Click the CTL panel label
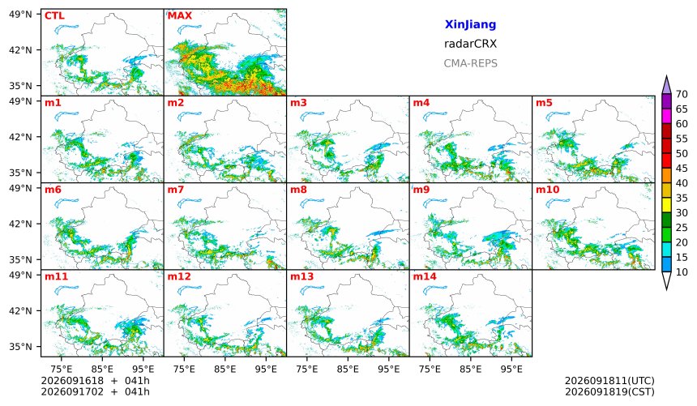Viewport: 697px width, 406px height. tap(54, 16)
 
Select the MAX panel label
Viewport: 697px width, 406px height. tap(180, 16)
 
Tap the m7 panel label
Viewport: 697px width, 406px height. tap(176, 190)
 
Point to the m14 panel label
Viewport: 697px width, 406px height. tap(425, 276)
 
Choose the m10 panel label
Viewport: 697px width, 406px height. tap(547, 190)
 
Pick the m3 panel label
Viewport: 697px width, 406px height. tap(298, 103)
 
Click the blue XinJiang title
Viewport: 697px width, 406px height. tap(470, 24)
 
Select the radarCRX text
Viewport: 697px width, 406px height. tap(470, 44)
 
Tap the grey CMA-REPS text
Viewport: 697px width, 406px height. tap(470, 63)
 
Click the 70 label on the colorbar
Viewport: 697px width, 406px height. tap(682, 94)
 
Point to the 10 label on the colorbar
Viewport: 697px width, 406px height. tap(682, 272)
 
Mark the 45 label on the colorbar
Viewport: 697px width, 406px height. tap(682, 169)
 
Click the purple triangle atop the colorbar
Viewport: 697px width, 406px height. tap(666, 85)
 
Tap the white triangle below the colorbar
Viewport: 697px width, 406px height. tap(666, 280)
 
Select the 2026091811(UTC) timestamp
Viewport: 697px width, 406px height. tap(609, 381)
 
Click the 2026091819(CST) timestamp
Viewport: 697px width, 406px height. tap(609, 392)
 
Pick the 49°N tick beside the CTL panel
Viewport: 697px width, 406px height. tap(20, 15)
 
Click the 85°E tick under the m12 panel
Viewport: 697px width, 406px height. tap(225, 369)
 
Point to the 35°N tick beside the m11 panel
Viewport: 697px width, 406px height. tap(20, 346)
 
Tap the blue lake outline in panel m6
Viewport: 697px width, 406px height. tap(67, 203)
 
